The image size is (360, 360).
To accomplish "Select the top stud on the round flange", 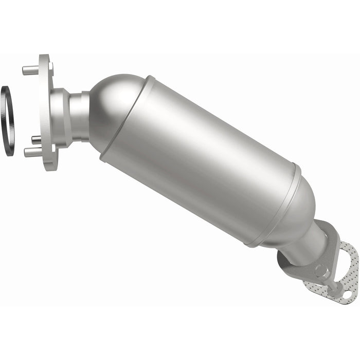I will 30,69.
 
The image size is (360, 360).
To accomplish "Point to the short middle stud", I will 36,139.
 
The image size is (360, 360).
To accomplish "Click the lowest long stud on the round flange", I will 32,151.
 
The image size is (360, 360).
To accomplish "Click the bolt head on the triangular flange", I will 321,270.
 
